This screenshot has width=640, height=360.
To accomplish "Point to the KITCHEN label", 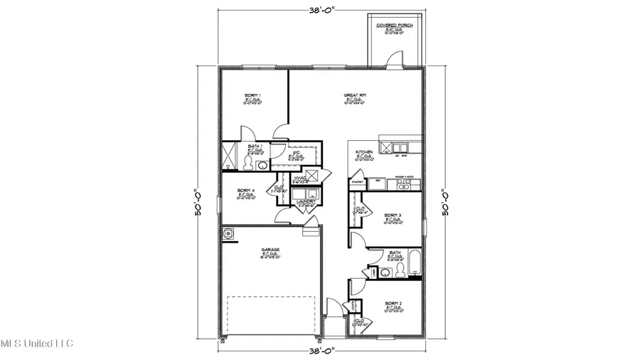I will coord(365,152).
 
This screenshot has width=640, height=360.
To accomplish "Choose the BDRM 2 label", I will coord(393,303).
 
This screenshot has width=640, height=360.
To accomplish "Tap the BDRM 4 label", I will coord(245,190).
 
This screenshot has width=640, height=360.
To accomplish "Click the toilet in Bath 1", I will coord(247,163).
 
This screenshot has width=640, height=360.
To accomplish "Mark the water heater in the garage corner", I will coord(229,233).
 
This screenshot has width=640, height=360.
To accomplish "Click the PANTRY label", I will coord(358,182).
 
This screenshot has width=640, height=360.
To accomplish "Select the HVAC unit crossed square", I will coord(312,176).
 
